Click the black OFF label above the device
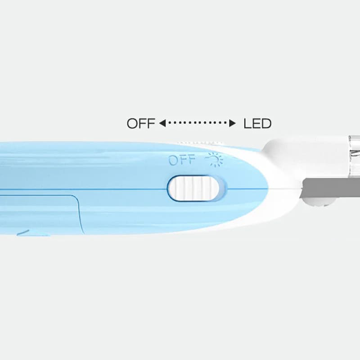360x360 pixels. click(x=141, y=123)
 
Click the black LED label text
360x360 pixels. click(x=257, y=123)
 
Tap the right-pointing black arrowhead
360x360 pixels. click(x=233, y=123)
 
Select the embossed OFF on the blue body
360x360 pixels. click(x=182, y=160)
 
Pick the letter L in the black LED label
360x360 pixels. click(x=247, y=123)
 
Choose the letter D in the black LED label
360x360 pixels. click(x=265, y=123)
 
